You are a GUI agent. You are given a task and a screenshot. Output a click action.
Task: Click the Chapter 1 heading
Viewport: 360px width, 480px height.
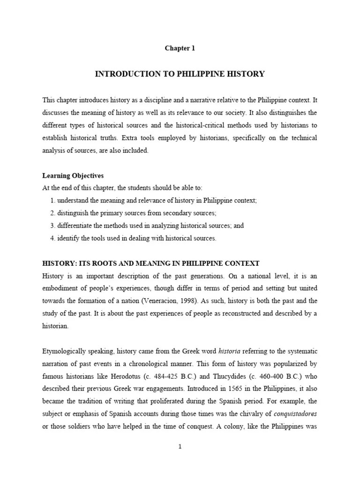pyautogui.click(x=180, y=48)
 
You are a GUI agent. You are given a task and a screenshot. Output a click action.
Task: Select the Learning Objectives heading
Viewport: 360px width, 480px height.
pyautogui.click(x=73, y=176)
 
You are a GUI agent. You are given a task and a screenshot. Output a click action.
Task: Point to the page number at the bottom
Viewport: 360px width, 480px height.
pyautogui.click(x=180, y=447)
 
